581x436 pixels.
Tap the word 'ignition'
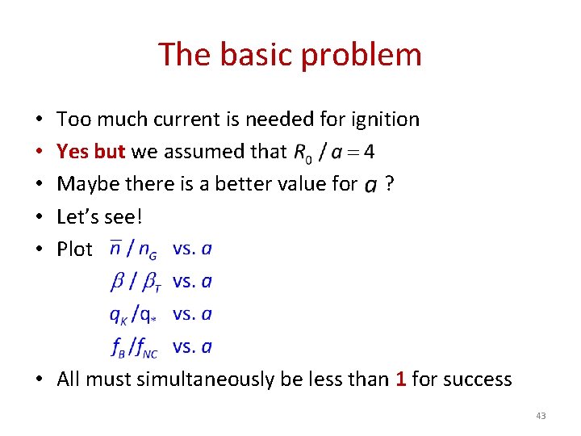tap(385, 119)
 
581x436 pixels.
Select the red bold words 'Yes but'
tap(92, 152)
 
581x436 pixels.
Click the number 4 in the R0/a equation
tap(370, 151)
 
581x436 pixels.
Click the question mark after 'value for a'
tap(390, 184)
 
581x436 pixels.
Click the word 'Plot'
tap(74, 249)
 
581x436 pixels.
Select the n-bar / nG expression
tap(134, 249)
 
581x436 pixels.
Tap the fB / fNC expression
tap(135, 347)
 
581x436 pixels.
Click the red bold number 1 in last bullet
tap(400, 379)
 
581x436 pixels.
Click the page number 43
tap(541, 416)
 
